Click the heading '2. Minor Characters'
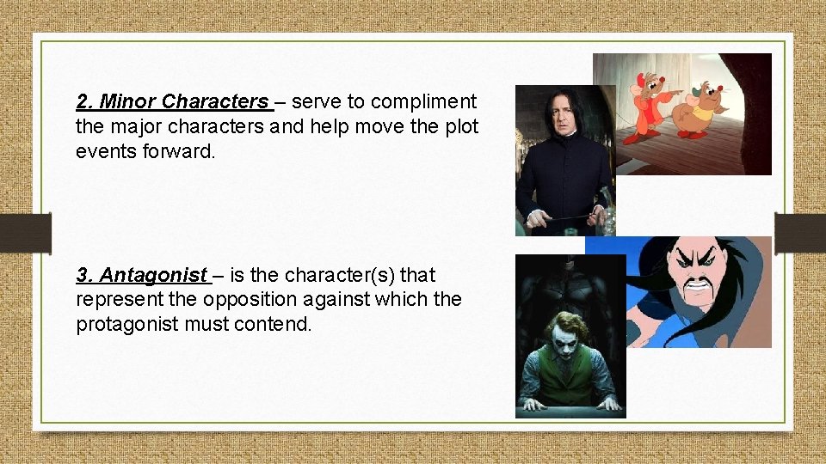173,102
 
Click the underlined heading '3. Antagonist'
142,276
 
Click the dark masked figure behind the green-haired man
569,284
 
